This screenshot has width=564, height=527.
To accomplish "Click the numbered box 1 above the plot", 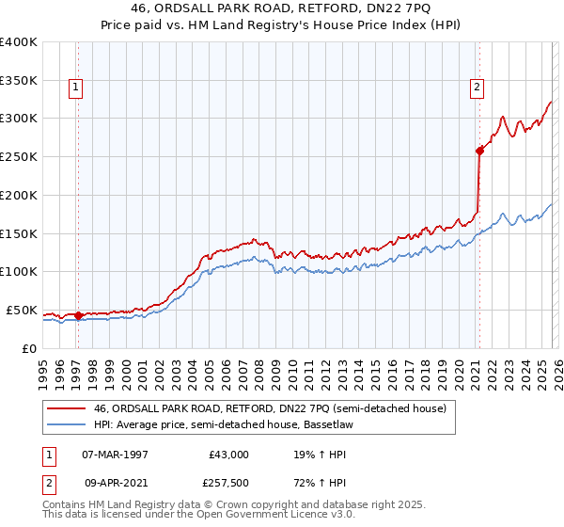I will tap(76, 88).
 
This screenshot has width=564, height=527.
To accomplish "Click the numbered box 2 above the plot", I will tap(477, 88).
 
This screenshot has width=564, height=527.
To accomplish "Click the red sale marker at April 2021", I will tap(479, 150).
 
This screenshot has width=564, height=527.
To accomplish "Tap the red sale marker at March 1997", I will tap(78, 315).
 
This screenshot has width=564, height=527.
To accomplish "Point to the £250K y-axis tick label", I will tap(19, 156).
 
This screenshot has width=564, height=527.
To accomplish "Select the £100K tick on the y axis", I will tap(19, 271).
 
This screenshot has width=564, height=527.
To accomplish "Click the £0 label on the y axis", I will tap(28, 348).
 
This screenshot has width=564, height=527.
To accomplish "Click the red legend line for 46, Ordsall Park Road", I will tap(66, 408).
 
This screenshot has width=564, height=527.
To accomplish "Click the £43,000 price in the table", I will tap(229, 454).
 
